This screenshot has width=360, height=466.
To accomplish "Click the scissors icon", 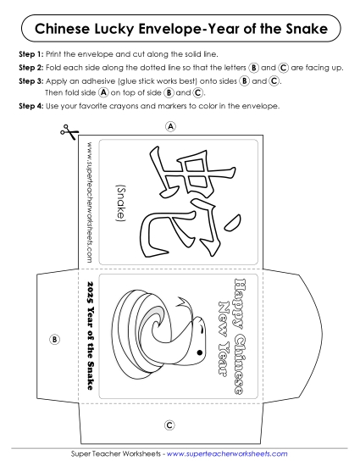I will pos(67,130).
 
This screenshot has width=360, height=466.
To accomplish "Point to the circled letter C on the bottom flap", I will pos(169,424).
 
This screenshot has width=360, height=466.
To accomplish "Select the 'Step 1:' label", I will pos(30,54).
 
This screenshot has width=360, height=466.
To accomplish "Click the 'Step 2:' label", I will pos(30,67).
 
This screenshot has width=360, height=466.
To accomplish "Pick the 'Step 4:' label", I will pos(30,107).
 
